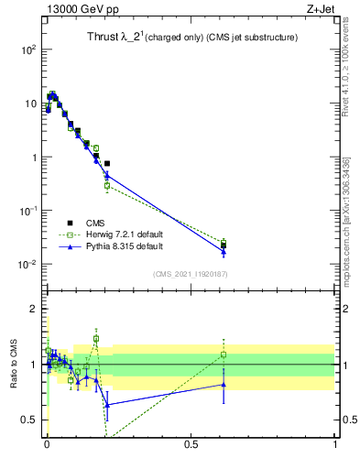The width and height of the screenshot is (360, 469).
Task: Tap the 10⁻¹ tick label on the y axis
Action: click(27, 211)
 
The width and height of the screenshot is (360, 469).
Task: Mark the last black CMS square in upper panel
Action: click(224, 245)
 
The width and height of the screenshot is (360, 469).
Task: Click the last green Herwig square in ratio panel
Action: click(224, 354)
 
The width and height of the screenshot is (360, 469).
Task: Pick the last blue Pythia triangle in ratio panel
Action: click(224, 385)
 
